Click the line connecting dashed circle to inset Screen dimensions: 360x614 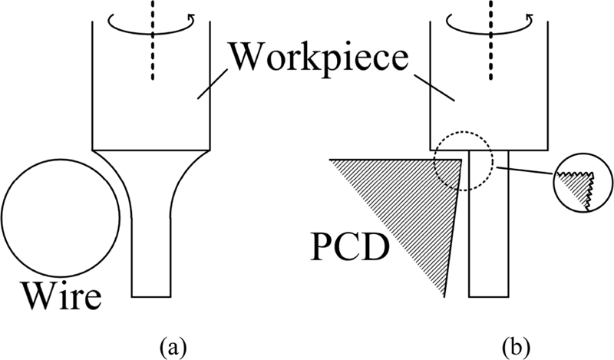point(525,171)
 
